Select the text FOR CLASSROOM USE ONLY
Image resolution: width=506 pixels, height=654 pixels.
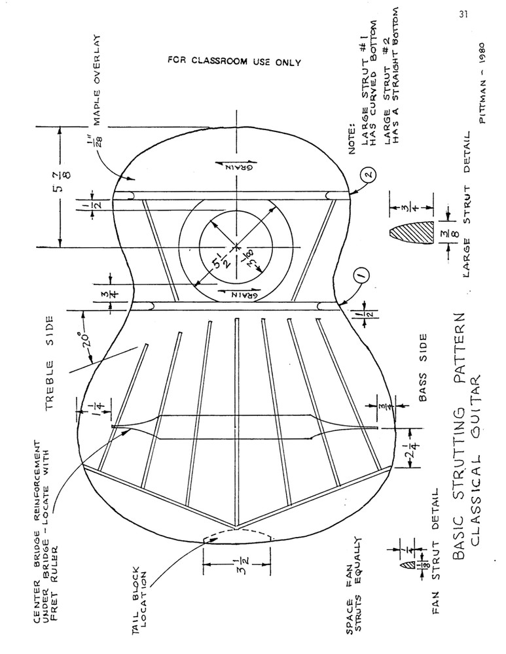tap(234, 63)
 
